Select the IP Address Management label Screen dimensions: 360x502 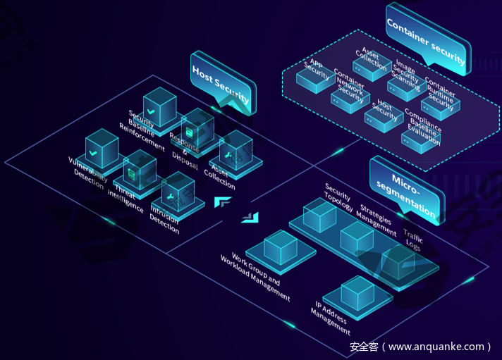[x=331, y=317]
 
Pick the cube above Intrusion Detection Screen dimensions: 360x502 [x=178, y=191]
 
